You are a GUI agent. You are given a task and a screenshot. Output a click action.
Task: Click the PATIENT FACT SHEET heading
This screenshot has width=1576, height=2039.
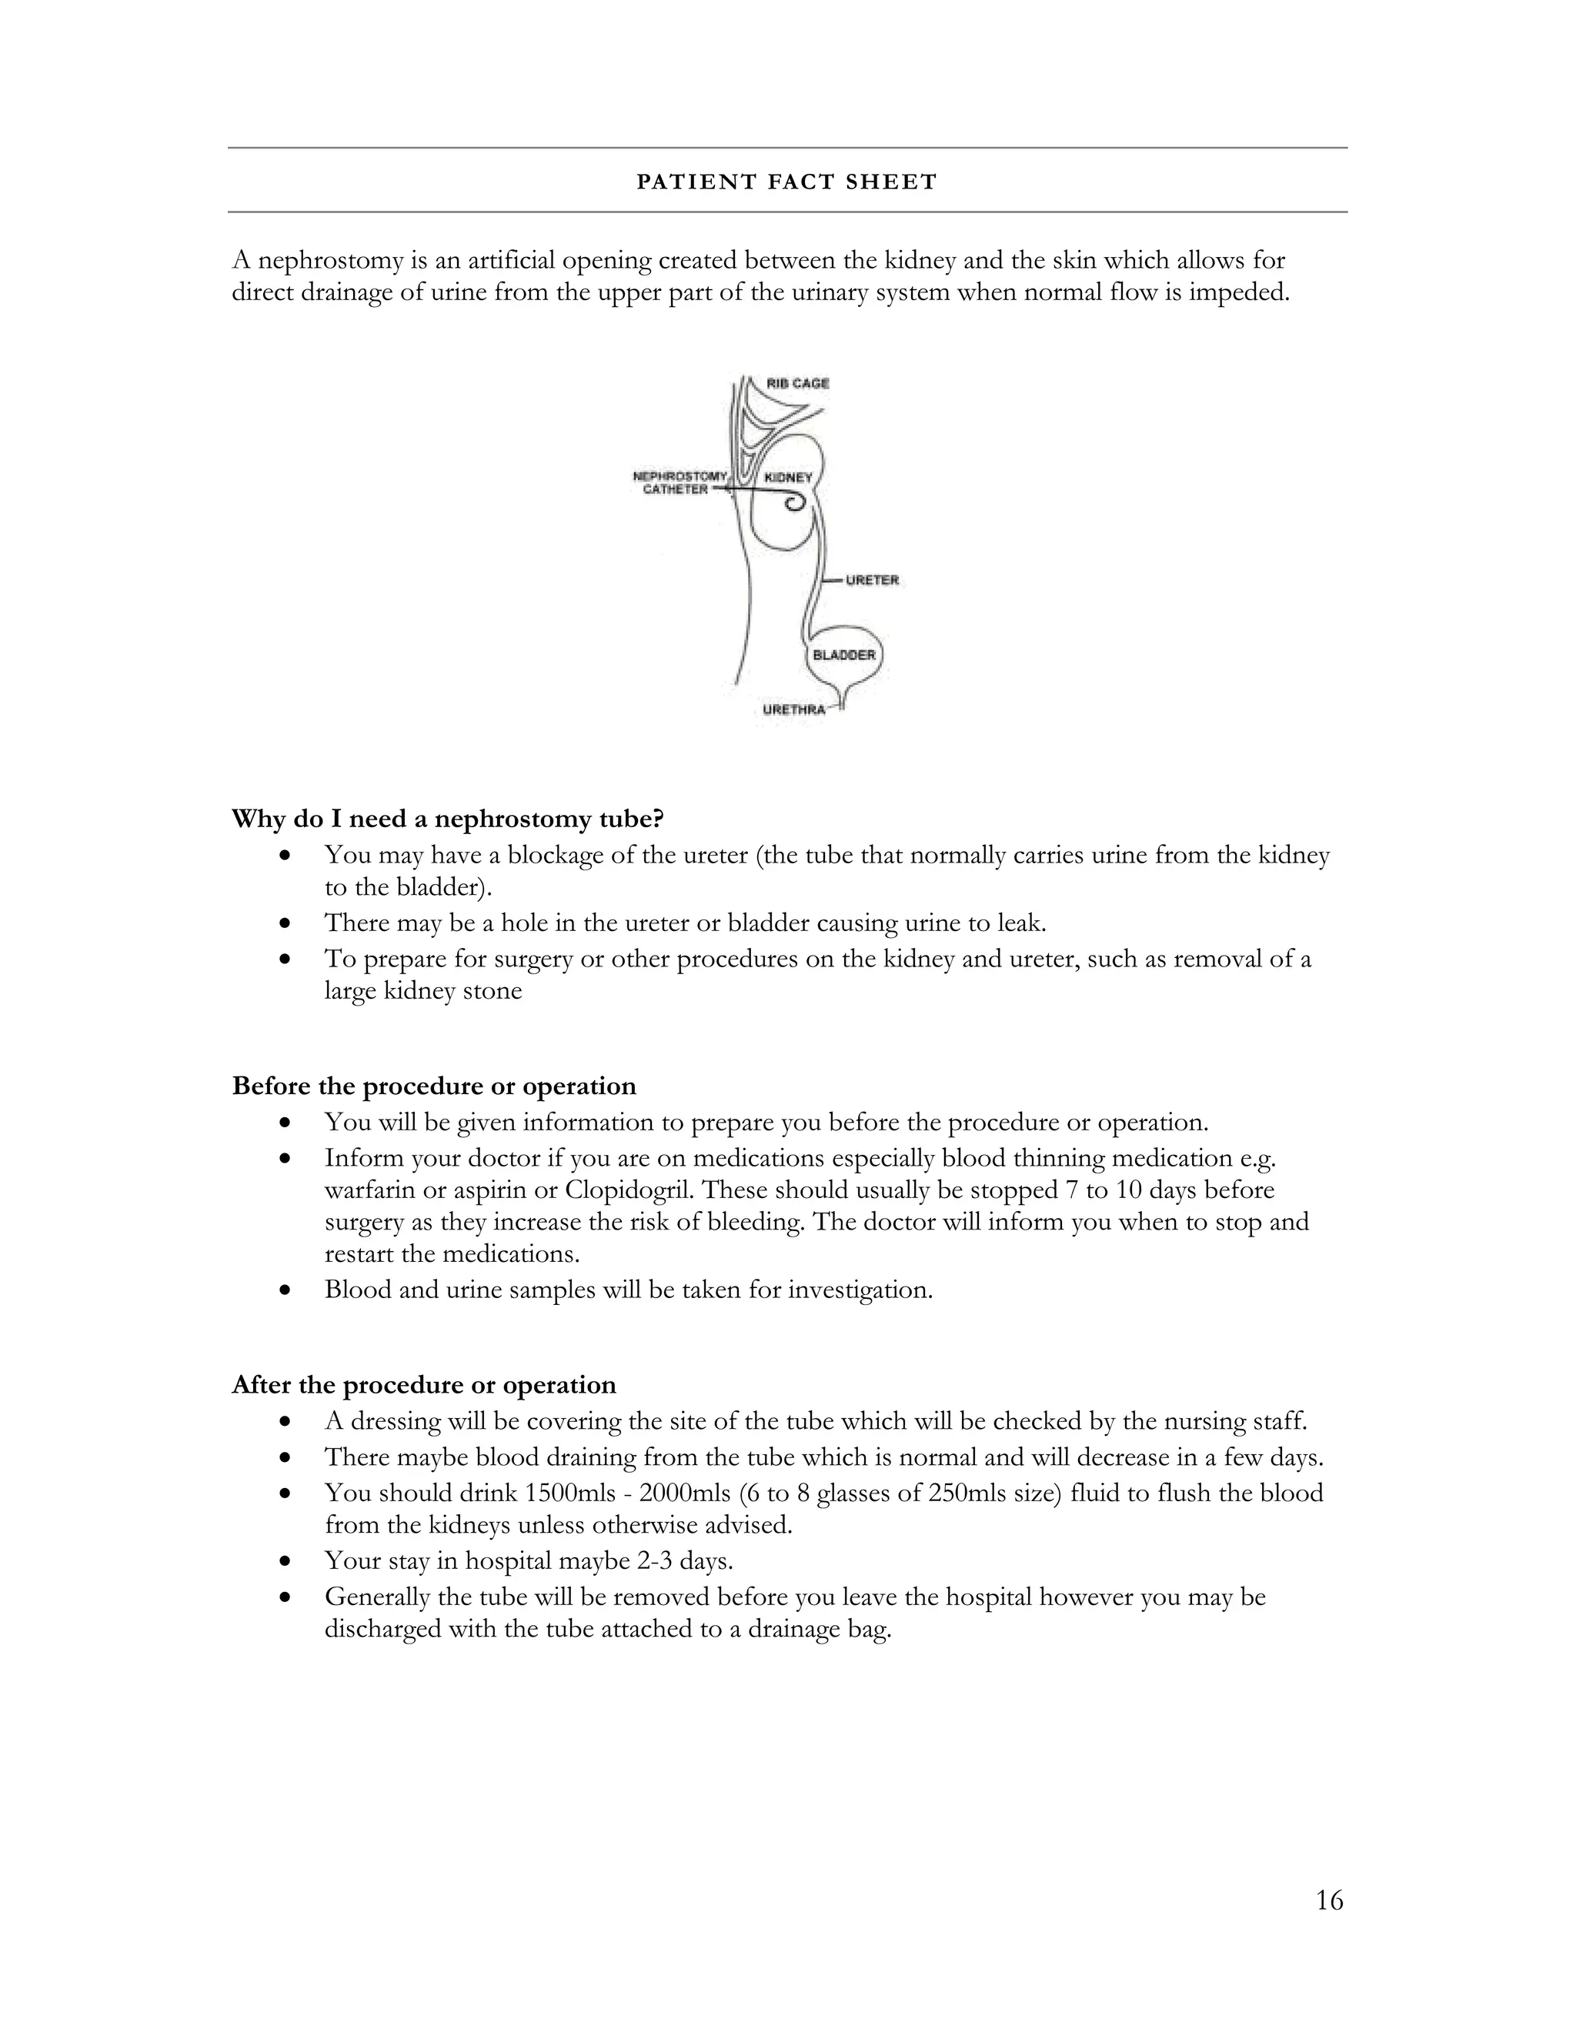click(786, 182)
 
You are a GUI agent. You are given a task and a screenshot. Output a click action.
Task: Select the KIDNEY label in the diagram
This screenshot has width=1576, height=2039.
click(788, 477)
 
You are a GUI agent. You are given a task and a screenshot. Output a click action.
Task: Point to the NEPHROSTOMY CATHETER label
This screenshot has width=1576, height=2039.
click(679, 482)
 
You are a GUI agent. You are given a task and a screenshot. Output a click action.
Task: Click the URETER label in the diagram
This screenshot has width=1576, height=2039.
click(872, 580)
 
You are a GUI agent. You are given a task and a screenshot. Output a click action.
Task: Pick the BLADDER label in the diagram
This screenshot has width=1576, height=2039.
click(844, 655)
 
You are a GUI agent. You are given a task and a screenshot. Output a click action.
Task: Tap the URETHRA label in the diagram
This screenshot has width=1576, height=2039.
click(793, 709)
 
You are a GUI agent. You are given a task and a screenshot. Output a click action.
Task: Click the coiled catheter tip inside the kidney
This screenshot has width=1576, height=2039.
click(794, 504)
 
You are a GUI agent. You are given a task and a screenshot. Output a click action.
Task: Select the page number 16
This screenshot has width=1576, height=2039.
click(1328, 1900)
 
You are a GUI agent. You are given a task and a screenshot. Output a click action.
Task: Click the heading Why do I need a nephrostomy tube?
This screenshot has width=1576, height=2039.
click(447, 819)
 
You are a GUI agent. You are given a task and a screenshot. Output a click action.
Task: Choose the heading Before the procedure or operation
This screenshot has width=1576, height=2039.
click(434, 1086)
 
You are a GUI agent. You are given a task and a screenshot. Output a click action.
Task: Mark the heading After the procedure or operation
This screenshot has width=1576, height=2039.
click(424, 1384)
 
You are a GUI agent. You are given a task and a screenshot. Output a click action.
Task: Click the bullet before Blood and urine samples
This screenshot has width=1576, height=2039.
click(286, 1290)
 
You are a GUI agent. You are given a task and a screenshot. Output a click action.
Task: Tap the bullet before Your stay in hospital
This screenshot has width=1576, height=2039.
click(286, 1561)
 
